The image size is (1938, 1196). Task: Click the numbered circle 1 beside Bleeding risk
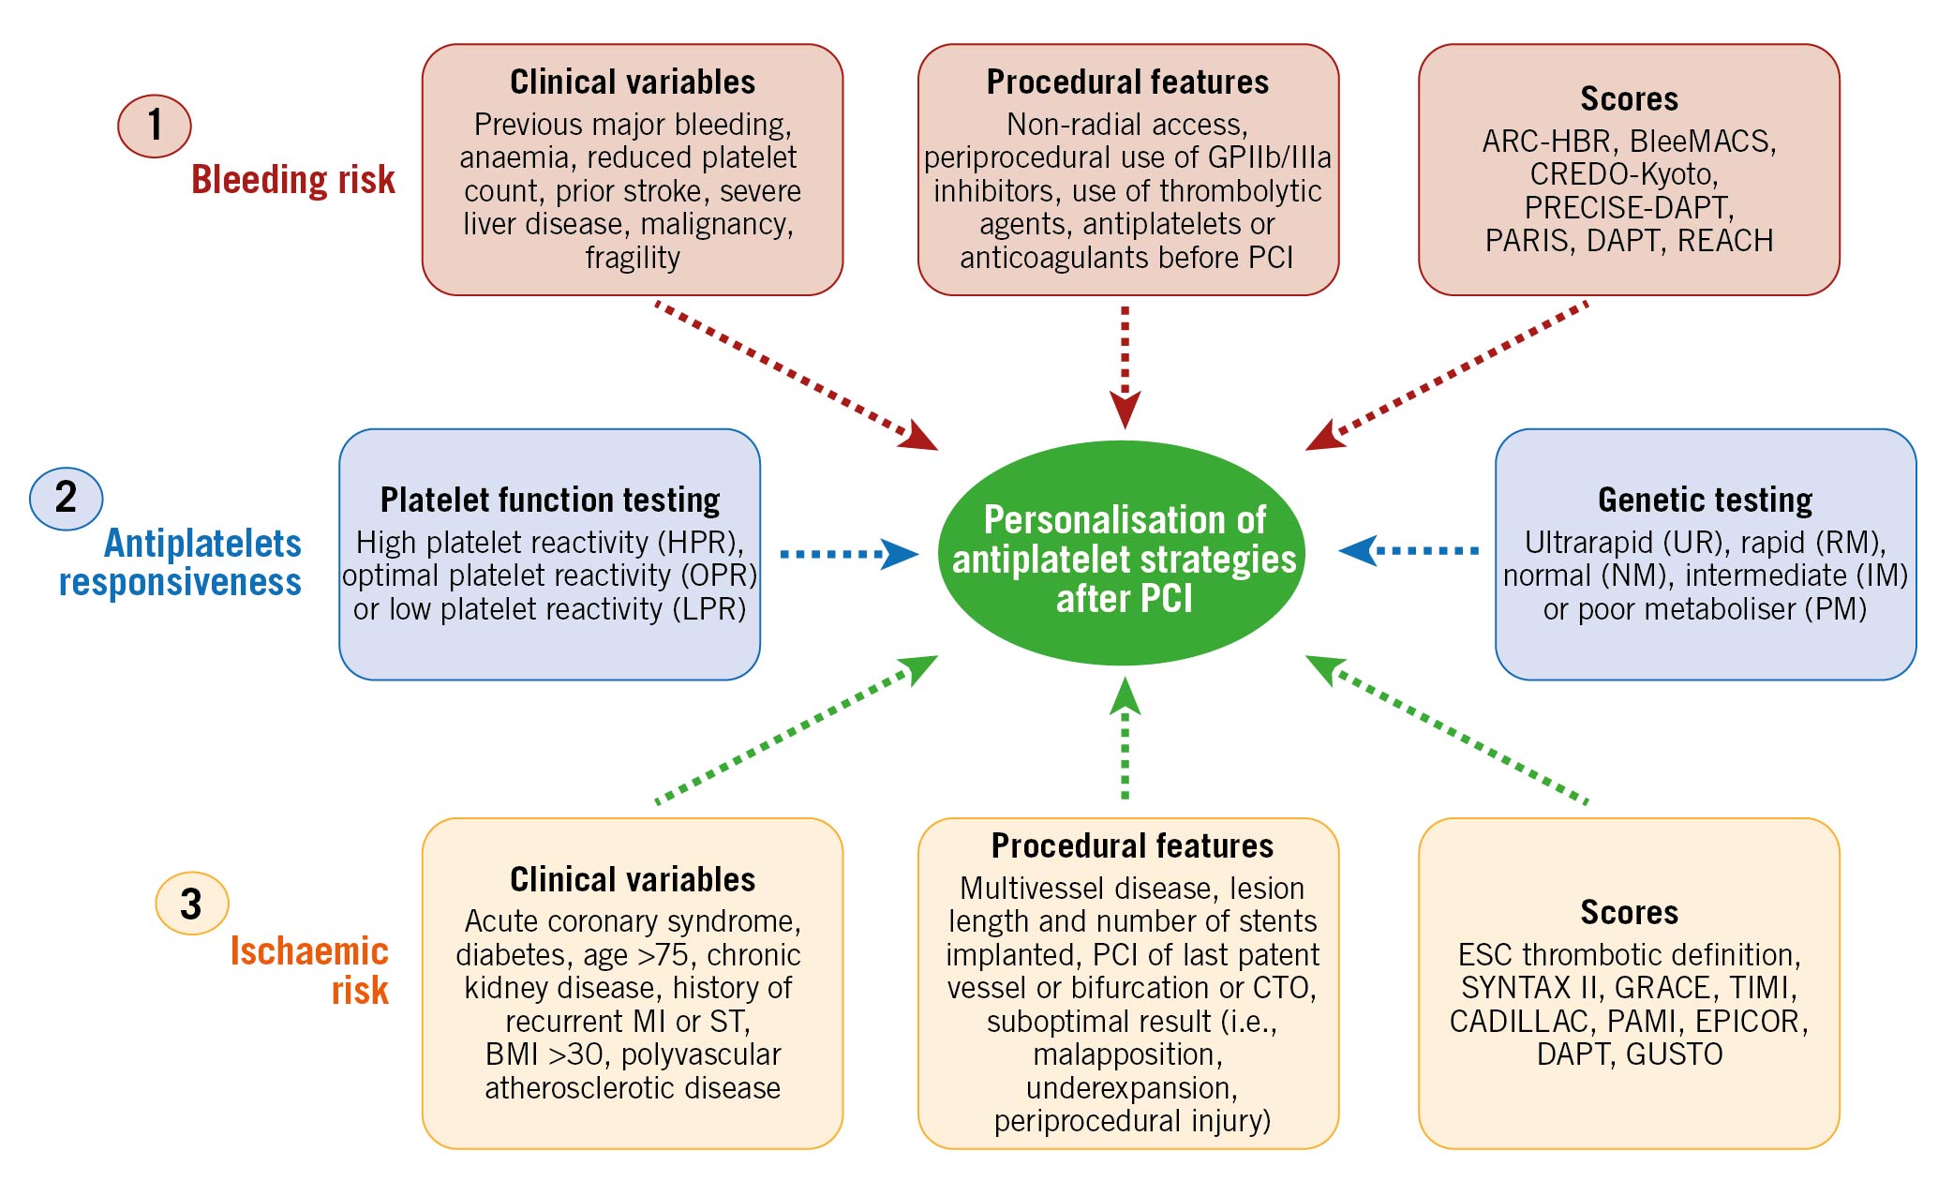click(x=155, y=126)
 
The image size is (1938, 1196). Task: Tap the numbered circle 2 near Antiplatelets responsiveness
click(x=67, y=499)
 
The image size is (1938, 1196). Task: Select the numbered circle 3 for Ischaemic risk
click(x=192, y=904)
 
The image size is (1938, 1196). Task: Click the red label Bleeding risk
click(x=293, y=179)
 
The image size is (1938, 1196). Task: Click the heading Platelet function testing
click(x=550, y=500)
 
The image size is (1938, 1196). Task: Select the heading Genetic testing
click(x=1705, y=500)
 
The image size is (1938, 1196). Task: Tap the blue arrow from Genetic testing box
click(x=1409, y=550)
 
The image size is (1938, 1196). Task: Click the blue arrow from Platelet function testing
click(x=849, y=554)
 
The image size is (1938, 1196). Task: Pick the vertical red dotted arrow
click(x=1125, y=367)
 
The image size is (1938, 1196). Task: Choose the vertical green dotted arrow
click(x=1125, y=738)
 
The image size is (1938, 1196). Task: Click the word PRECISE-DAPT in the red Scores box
click(x=1629, y=207)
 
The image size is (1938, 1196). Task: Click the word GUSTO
click(x=1675, y=1054)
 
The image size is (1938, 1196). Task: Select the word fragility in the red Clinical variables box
click(x=633, y=257)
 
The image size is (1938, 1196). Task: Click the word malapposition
click(x=1127, y=1054)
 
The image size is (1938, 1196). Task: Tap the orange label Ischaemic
click(x=309, y=951)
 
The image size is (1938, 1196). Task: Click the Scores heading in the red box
click(x=1629, y=98)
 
